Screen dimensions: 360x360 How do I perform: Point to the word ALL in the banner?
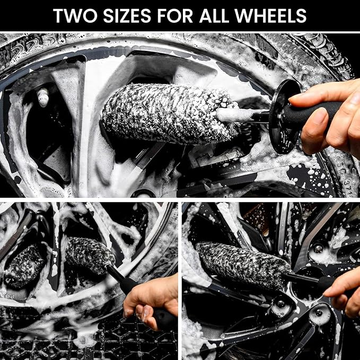point(228,15)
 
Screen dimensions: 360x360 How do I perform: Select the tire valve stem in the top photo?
point(42,96)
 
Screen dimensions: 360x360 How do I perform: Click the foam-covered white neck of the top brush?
point(233,115)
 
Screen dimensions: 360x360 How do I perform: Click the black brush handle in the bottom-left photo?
point(125,284)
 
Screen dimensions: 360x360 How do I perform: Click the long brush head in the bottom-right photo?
point(241,265)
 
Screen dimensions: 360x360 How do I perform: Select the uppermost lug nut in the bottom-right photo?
point(319,248)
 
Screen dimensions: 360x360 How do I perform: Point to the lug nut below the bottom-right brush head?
point(278,304)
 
